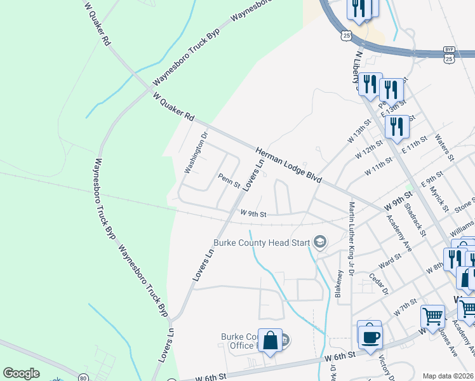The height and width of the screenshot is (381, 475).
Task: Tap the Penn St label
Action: click(x=229, y=181)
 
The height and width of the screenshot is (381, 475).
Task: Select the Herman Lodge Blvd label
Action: click(x=288, y=164)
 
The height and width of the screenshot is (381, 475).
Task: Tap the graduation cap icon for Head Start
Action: click(x=320, y=242)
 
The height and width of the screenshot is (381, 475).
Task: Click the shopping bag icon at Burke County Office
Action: click(x=270, y=340)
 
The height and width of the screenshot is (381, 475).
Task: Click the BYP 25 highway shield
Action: click(x=449, y=54)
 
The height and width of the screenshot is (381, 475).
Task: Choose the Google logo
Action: click(x=21, y=373)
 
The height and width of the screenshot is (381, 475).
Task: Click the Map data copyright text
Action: click(x=448, y=376)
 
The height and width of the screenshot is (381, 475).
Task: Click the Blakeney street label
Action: click(x=339, y=284)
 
